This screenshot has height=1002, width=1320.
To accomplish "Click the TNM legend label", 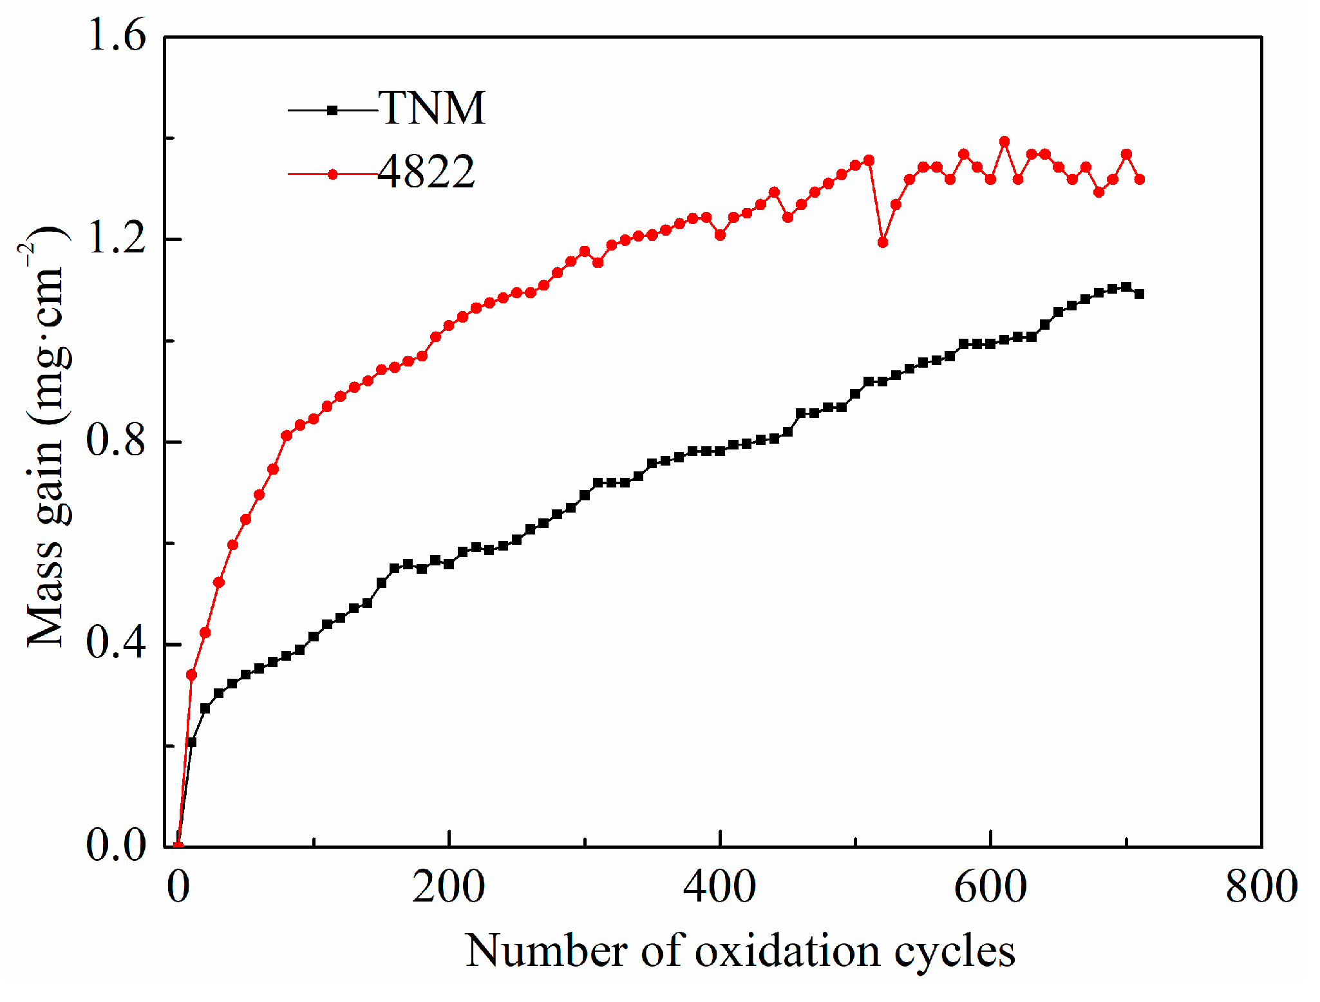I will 431,108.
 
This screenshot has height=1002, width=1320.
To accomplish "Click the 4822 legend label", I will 426,173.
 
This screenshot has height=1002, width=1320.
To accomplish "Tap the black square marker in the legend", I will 332,110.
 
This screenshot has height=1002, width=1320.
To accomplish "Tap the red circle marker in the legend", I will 332,174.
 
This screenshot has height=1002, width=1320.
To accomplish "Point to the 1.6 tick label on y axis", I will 117,35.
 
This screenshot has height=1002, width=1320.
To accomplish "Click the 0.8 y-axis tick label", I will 117,441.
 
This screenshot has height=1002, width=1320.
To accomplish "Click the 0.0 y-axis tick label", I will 117,846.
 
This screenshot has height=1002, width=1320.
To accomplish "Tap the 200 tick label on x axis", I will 448,887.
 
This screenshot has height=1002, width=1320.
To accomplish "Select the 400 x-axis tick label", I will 719,887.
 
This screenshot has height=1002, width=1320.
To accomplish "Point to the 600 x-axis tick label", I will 990,887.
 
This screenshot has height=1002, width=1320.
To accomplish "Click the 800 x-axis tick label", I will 1261,887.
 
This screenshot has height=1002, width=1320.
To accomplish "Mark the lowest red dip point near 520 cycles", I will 882,242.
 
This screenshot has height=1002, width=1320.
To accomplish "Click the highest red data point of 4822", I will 1004,142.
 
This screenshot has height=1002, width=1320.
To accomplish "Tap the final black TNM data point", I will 1139,294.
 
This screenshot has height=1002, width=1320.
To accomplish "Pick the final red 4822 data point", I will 1139,179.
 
